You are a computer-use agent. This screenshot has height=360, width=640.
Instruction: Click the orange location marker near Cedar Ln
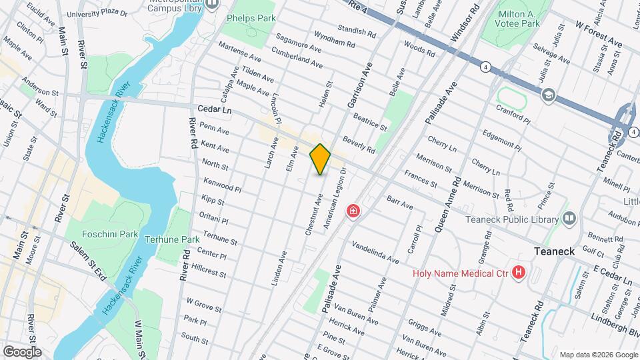click(321, 159)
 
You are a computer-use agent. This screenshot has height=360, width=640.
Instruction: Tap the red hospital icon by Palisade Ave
click(353, 212)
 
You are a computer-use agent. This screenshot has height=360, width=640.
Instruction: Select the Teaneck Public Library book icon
click(569, 218)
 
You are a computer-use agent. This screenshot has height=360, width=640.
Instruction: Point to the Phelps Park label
click(251, 19)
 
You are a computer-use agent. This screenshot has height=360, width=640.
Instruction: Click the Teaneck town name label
click(558, 251)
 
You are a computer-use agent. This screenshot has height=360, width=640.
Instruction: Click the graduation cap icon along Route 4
click(548, 94)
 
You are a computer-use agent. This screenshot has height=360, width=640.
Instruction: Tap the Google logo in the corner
click(22, 351)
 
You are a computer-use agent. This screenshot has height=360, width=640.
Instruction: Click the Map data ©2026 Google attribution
click(598, 354)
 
